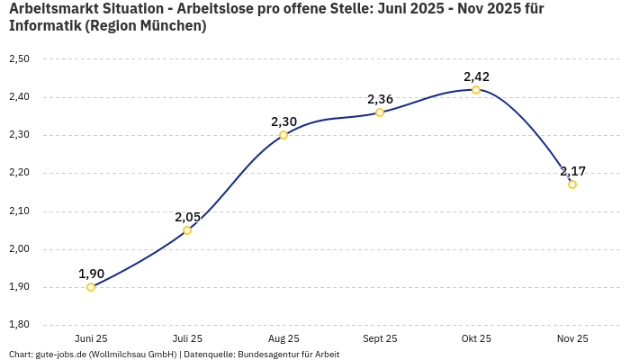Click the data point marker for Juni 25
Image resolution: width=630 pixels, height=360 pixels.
(91, 287)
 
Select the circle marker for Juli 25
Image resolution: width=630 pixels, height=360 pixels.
(187, 230)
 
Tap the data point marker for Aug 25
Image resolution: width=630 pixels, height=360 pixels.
(283, 135)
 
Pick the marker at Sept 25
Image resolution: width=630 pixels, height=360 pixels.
(380, 112)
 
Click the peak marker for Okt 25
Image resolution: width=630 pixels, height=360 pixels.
(476, 90)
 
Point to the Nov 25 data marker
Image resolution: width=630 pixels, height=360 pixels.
(572, 184)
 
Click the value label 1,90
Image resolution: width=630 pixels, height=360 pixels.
(91, 274)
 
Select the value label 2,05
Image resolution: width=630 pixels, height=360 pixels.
(187, 217)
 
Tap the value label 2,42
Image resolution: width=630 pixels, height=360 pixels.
(476, 76)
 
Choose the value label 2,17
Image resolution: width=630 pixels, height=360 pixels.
(572, 171)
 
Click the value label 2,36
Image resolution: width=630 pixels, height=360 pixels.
(380, 99)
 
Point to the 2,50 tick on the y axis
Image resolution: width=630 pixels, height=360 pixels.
(19, 59)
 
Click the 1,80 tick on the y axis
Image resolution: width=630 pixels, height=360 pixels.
(19, 325)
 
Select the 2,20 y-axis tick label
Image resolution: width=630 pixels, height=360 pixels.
(19, 173)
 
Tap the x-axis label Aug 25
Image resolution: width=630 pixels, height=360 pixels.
(283, 338)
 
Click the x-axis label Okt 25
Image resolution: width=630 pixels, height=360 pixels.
(476, 338)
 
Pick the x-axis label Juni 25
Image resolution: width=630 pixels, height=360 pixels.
(91, 338)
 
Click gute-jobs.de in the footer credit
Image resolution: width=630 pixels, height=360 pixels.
(60, 355)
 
